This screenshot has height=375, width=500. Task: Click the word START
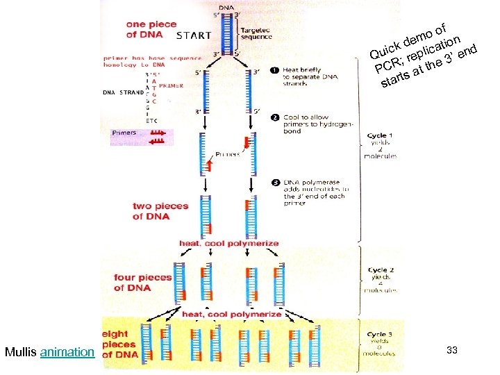194,35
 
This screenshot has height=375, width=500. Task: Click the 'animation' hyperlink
67,352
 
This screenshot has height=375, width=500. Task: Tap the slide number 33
451,351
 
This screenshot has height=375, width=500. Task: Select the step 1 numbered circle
275,70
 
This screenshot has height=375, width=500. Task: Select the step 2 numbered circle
275,117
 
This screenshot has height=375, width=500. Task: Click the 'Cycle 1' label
381,135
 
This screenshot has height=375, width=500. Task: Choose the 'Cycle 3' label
381,335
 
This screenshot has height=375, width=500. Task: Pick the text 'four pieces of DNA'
142,283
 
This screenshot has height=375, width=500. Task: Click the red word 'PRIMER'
173,85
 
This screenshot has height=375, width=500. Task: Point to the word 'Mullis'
21,352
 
